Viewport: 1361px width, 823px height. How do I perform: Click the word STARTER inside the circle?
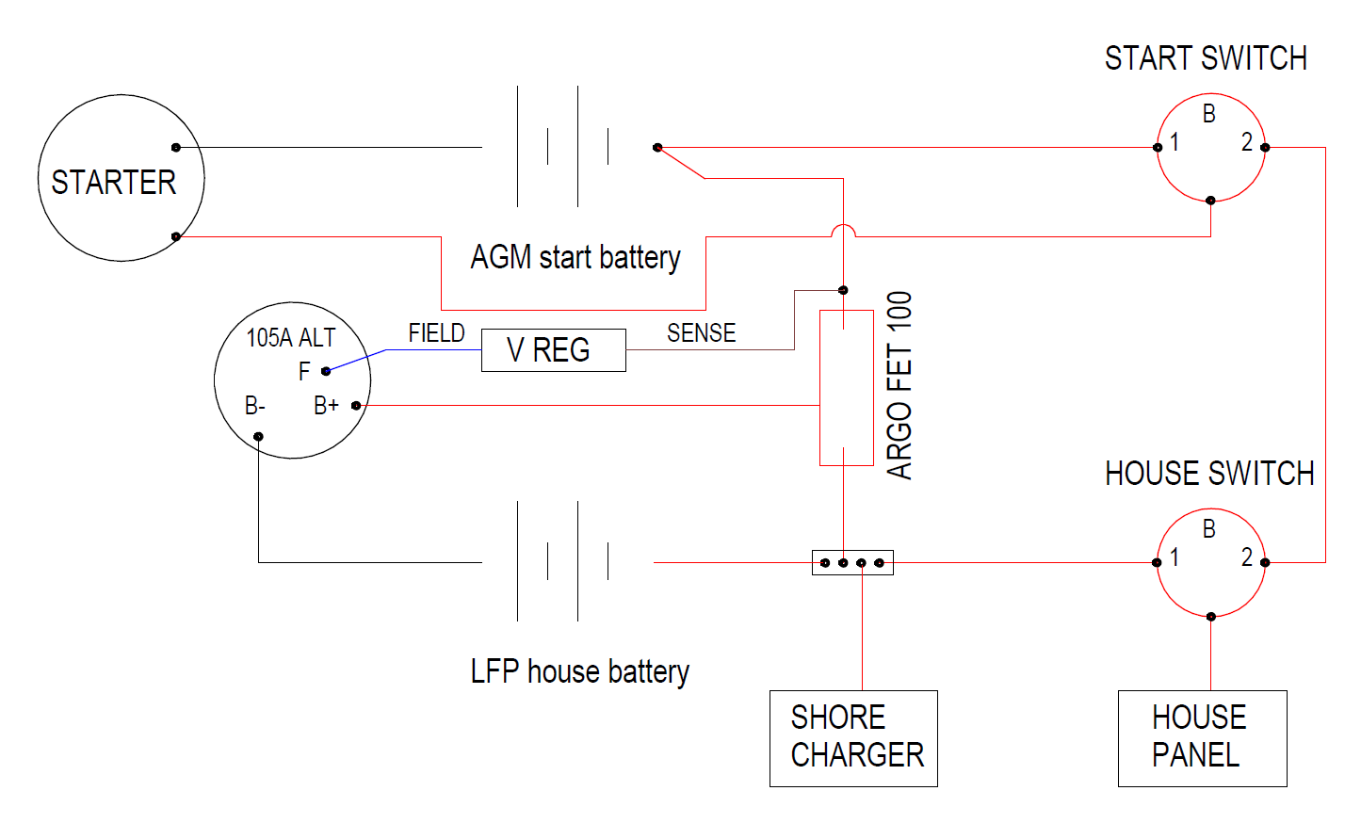pyautogui.click(x=114, y=183)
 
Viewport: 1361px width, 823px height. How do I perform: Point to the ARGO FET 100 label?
pyautogui.click(x=899, y=386)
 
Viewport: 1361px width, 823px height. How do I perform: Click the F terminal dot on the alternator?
pyautogui.click(x=326, y=371)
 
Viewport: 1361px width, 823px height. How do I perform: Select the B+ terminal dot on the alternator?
pyautogui.click(x=356, y=405)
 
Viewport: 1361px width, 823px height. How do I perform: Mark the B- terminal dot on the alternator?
pyautogui.click(x=258, y=437)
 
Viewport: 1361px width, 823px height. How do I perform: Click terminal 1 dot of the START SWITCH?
pyautogui.click(x=1158, y=148)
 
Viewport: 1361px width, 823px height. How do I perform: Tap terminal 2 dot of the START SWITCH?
pyautogui.click(x=1265, y=148)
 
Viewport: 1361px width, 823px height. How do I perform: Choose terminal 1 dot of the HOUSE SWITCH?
pyautogui.click(x=1157, y=563)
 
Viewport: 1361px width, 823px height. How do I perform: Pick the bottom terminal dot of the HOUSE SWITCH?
pyautogui.click(x=1211, y=617)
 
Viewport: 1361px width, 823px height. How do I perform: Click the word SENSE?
pyautogui.click(x=701, y=332)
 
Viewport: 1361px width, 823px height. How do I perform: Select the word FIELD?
pyautogui.click(x=436, y=332)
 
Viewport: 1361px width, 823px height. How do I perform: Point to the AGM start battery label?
pyautogui.click(x=575, y=257)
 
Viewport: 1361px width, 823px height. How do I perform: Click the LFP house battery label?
pyautogui.click(x=580, y=671)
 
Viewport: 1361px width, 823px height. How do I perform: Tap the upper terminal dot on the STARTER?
pyautogui.click(x=176, y=148)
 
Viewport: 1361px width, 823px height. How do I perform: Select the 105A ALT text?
pyautogui.click(x=290, y=338)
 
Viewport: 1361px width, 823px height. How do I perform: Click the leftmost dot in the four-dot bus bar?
pyautogui.click(x=825, y=563)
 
